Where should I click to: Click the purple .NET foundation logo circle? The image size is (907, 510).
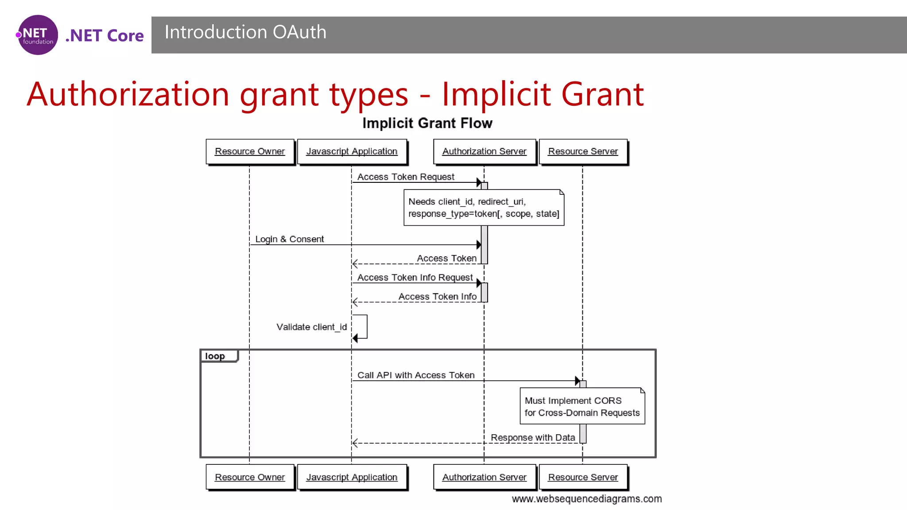pyautogui.click(x=38, y=35)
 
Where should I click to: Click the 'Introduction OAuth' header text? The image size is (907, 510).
pyautogui.click(x=245, y=32)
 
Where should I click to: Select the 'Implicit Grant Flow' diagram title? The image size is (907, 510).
pyautogui.click(x=427, y=123)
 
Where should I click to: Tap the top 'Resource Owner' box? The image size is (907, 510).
pyautogui.click(x=250, y=151)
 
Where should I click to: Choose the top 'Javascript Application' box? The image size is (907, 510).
pyautogui.click(x=352, y=151)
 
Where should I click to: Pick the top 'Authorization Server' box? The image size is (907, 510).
pyautogui.click(x=484, y=151)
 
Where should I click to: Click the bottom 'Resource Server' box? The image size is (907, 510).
pyautogui.click(x=583, y=477)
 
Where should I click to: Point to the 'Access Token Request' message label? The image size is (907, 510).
pyautogui.click(x=406, y=177)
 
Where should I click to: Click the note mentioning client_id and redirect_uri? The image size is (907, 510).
pyautogui.click(x=484, y=208)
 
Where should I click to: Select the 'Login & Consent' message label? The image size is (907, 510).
pyautogui.click(x=290, y=240)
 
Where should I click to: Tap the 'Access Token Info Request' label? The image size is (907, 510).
pyautogui.click(x=415, y=278)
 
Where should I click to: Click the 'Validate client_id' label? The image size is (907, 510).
pyautogui.click(x=311, y=327)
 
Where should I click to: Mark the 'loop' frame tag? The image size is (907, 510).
pyautogui.click(x=216, y=356)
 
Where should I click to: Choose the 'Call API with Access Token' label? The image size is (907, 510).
pyautogui.click(x=416, y=375)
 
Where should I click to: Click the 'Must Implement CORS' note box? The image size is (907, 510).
pyautogui.click(x=582, y=406)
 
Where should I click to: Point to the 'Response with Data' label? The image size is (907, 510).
pyautogui.click(x=533, y=438)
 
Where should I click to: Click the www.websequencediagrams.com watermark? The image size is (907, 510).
pyautogui.click(x=587, y=499)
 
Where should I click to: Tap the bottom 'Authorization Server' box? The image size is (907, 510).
pyautogui.click(x=484, y=477)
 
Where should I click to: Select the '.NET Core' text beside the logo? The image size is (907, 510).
pyautogui.click(x=105, y=36)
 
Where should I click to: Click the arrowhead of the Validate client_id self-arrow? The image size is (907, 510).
pyautogui.click(x=355, y=339)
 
